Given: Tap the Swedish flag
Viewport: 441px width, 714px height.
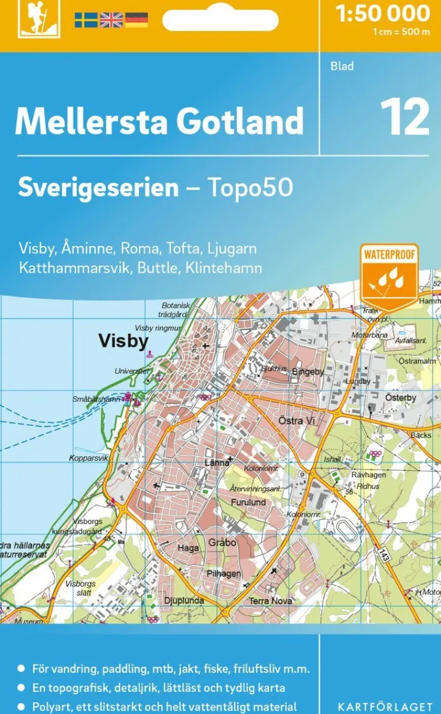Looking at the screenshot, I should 86,20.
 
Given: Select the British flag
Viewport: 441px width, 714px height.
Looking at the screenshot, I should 111,20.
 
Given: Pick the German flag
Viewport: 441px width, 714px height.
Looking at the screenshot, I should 136,20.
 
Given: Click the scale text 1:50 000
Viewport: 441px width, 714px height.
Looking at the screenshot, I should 383,13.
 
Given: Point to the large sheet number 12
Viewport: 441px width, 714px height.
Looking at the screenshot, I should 404,117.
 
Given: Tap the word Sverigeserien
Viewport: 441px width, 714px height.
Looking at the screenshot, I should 98,187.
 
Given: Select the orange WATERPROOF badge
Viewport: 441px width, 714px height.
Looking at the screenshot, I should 389,275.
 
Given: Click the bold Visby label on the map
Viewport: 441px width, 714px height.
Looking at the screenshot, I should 123,341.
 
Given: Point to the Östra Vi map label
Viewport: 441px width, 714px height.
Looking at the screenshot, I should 297,421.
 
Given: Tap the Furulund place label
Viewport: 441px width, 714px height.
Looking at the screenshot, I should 248,503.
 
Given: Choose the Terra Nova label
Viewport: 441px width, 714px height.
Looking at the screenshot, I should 271,601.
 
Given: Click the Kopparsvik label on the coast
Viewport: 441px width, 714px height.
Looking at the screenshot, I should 89,458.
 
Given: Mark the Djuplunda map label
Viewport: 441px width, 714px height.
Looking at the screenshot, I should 184,600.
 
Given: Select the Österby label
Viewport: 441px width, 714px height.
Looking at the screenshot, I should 400,397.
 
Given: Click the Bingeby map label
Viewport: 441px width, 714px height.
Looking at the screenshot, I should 307,372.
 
